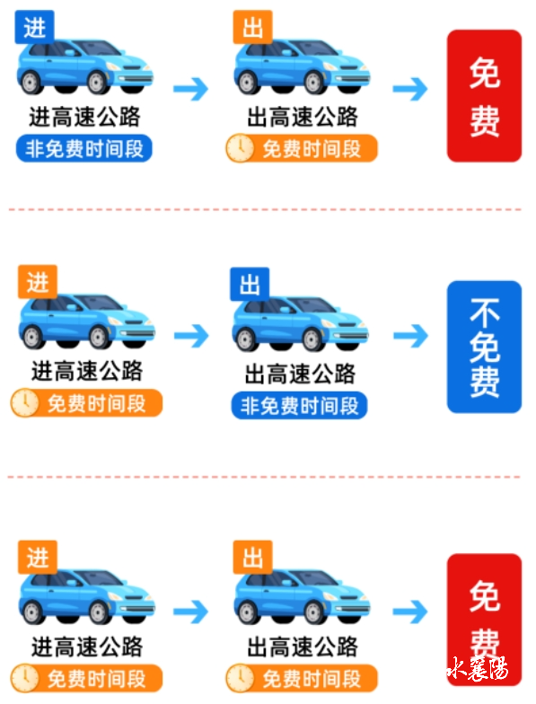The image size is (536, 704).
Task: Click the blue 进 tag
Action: [x=34, y=27]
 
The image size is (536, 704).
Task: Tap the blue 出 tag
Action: [x=250, y=284]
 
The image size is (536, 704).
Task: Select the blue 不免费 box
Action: [x=485, y=347]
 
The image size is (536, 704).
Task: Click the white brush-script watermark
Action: [x=478, y=669]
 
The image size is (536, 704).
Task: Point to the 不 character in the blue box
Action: [x=485, y=312]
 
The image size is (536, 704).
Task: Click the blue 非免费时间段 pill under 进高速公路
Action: [x=84, y=148]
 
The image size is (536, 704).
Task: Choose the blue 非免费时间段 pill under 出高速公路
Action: [x=300, y=406]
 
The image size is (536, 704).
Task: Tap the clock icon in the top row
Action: [x=241, y=148]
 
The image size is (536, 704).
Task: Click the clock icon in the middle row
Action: [x=25, y=402]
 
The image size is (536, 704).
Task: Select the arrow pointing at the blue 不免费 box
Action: [x=411, y=336]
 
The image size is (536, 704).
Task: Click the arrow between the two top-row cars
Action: [x=190, y=89]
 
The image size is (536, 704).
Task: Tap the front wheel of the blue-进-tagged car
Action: [x=99, y=83]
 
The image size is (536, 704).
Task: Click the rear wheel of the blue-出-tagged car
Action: [x=246, y=339]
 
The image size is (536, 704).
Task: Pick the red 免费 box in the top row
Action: [x=485, y=95]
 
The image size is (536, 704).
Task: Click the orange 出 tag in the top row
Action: [x=253, y=27]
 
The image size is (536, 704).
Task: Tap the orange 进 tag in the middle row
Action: [x=38, y=282]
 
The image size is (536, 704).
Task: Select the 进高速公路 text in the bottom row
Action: [x=87, y=647]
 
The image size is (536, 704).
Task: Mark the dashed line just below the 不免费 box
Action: [x=264, y=477]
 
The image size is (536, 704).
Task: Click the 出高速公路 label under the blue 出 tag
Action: [x=300, y=374]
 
